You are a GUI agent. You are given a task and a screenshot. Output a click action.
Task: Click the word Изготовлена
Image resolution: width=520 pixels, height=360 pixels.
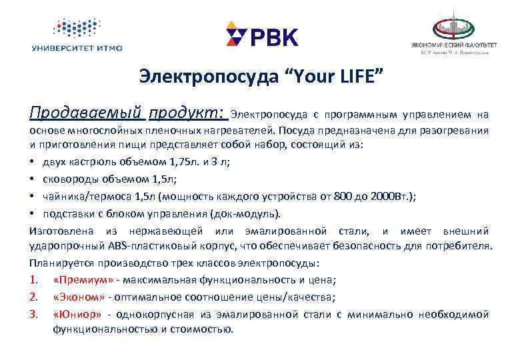click(61, 231)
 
